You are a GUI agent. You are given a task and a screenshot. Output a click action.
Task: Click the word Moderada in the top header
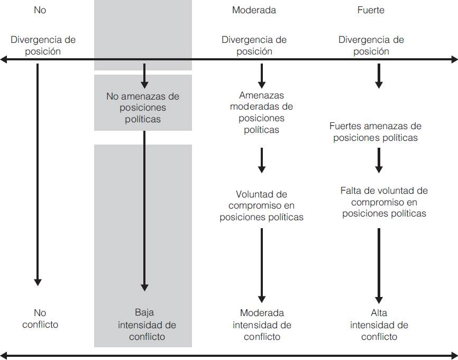(254, 10)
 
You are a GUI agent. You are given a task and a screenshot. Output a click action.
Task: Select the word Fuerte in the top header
(371, 10)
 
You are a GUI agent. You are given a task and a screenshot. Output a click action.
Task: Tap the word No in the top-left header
(40, 10)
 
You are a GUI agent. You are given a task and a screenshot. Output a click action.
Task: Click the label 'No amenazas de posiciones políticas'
(143, 107)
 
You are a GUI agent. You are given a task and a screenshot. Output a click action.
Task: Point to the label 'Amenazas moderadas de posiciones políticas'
(261, 112)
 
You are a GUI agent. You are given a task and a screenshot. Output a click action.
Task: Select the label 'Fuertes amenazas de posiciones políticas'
(375, 132)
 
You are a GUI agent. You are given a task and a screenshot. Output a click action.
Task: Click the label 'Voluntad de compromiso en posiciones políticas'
(261, 205)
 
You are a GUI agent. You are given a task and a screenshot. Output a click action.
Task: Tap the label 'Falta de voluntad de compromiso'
(384, 202)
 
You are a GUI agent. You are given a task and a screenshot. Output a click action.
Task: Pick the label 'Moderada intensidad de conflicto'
(261, 324)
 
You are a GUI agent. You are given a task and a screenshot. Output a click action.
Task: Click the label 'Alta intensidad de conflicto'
(379, 324)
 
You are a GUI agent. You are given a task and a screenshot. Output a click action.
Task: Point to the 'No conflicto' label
(40, 318)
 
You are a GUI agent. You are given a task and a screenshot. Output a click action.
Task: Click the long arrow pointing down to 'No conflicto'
(38, 175)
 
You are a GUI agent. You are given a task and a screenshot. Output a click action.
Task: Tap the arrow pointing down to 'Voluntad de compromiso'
(261, 161)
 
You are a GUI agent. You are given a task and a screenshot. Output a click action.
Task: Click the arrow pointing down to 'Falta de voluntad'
(379, 160)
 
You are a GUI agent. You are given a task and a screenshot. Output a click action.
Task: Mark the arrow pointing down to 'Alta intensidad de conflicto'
(379, 265)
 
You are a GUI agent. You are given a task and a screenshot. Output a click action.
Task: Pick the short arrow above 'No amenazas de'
(144, 76)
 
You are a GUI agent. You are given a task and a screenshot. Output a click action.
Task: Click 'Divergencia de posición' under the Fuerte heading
(371, 46)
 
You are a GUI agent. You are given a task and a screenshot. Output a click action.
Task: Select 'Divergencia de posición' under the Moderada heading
(254, 46)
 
